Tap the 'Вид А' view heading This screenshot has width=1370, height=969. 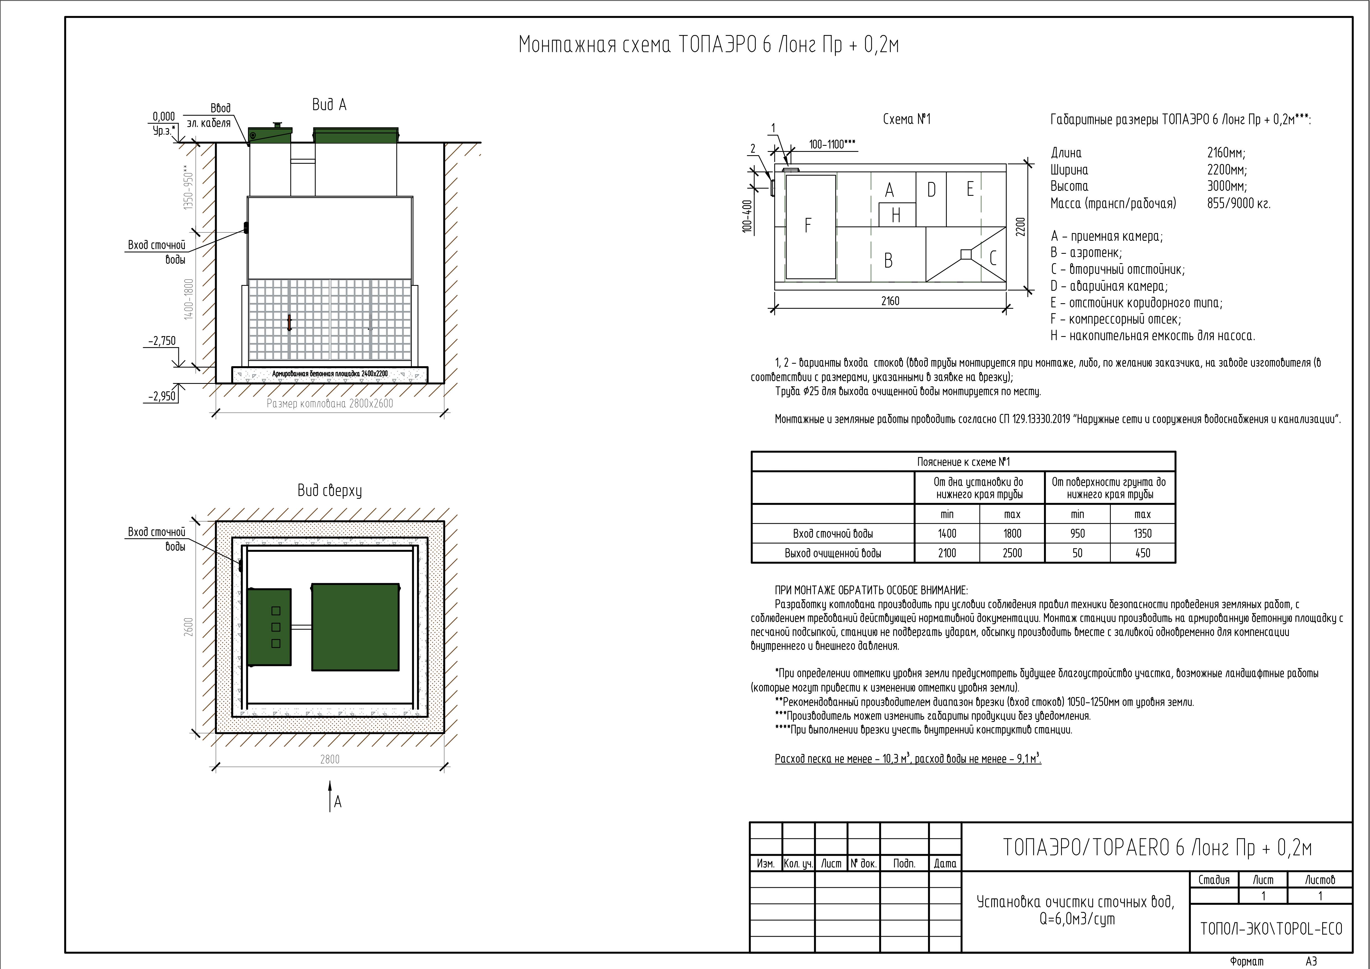click(x=329, y=105)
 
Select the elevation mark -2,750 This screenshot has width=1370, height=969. click(x=162, y=341)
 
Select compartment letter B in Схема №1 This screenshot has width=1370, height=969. click(x=889, y=260)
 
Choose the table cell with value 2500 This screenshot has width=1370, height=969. click(x=1012, y=553)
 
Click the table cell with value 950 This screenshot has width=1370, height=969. click(x=1077, y=533)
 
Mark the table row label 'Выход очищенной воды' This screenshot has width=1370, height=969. click(x=833, y=553)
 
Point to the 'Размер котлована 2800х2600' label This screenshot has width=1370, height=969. click(x=330, y=404)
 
